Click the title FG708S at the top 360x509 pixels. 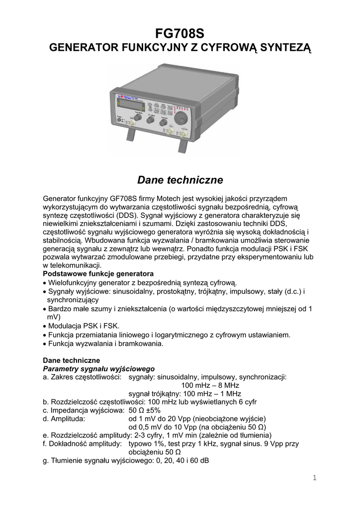(x=180, y=33)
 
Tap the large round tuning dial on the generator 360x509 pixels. (x=181, y=118)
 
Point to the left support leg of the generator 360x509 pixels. (x=131, y=134)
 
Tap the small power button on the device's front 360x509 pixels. (x=119, y=119)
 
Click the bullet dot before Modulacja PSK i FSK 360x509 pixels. (x=45, y=326)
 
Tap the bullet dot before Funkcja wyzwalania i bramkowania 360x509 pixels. (x=45, y=343)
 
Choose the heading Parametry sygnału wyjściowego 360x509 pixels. (x=99, y=368)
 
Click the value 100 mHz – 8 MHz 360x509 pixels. (x=210, y=385)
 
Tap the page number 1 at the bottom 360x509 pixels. (x=315, y=478)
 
